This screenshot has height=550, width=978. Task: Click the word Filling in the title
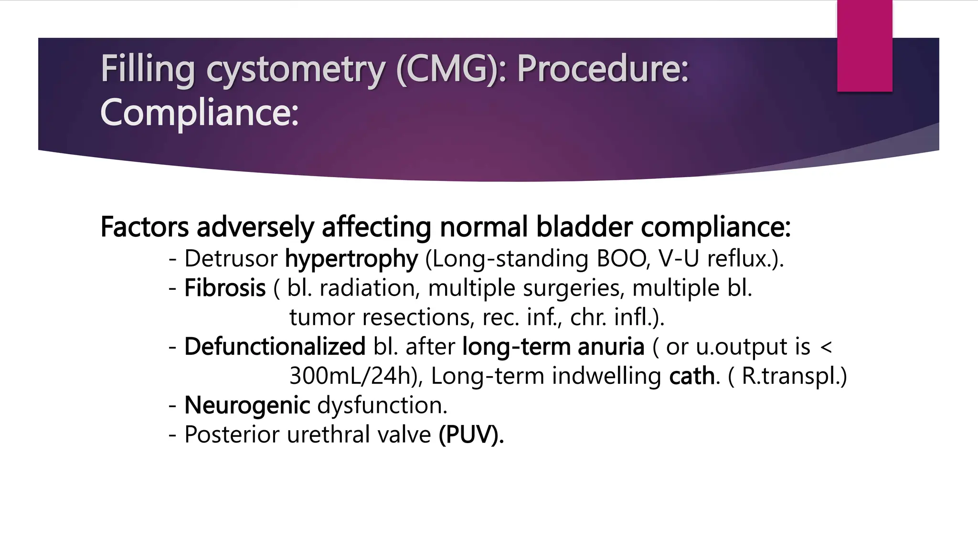pyautogui.click(x=147, y=69)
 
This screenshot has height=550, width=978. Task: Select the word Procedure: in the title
pyautogui.click(x=603, y=69)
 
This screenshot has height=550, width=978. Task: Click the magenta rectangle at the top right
pyautogui.click(x=864, y=46)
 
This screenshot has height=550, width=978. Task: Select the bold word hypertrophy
pyautogui.click(x=351, y=259)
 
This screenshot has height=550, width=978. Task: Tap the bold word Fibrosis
pyautogui.click(x=225, y=288)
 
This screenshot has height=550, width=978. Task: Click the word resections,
pyautogui.click(x=419, y=317)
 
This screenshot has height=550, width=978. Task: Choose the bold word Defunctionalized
pyautogui.click(x=275, y=347)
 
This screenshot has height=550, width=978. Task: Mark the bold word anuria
pyautogui.click(x=611, y=347)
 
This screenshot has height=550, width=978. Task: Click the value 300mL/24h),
pyautogui.click(x=356, y=376)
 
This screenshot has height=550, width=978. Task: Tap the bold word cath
pyautogui.click(x=692, y=376)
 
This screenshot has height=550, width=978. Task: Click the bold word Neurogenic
pyautogui.click(x=247, y=405)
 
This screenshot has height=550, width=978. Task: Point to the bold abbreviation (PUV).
pyautogui.click(x=471, y=435)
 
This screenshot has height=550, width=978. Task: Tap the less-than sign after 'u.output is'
pyautogui.click(x=826, y=348)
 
